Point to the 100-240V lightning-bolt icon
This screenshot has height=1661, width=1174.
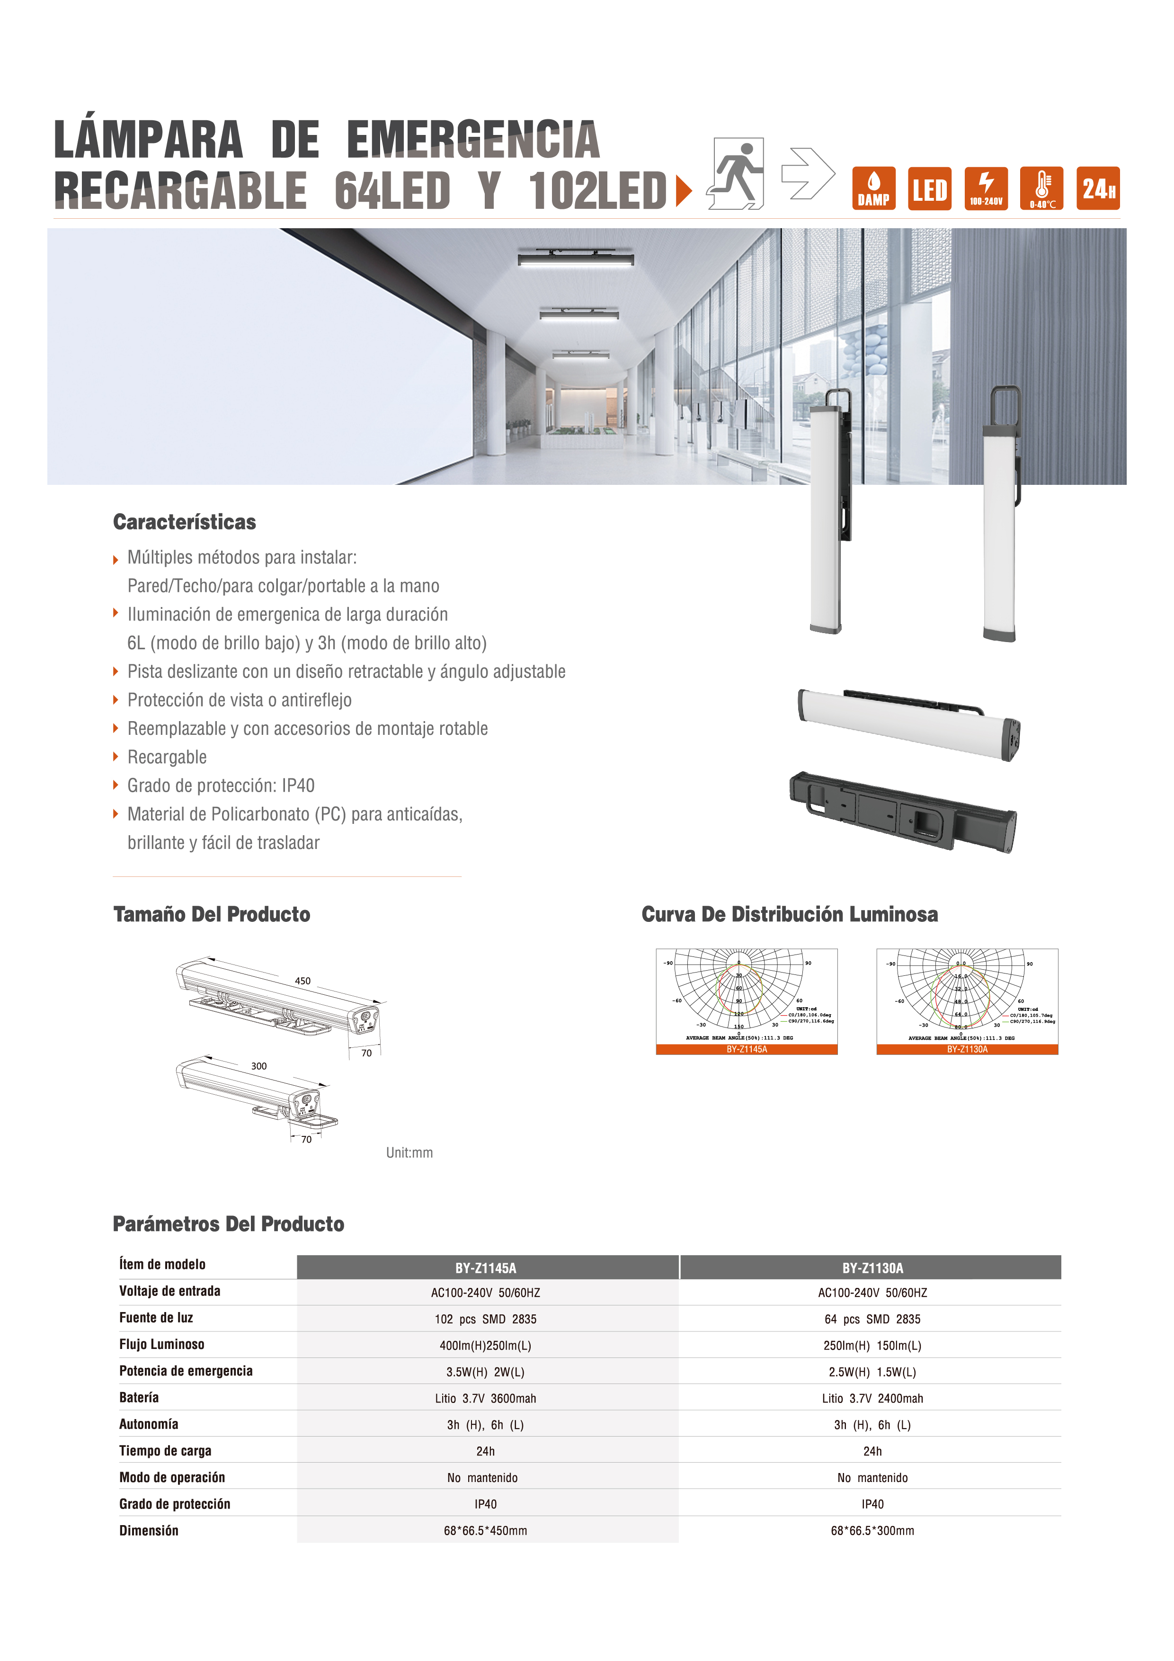point(986,188)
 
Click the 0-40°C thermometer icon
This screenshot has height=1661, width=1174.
point(1041,188)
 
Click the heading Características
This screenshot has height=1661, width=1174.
point(185,522)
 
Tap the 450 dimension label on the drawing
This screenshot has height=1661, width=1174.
point(302,981)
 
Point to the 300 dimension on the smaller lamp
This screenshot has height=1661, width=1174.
point(259,1066)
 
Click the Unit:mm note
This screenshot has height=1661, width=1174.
point(409,1153)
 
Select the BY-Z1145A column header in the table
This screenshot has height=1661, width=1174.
point(486,1268)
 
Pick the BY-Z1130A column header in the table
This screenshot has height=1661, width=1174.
point(872,1268)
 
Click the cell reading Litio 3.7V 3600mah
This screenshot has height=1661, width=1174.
point(486,1398)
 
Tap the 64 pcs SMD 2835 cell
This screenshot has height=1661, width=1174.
point(872,1319)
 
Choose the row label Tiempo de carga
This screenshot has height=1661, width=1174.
point(166,1450)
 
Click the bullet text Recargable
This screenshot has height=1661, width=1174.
point(167,758)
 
